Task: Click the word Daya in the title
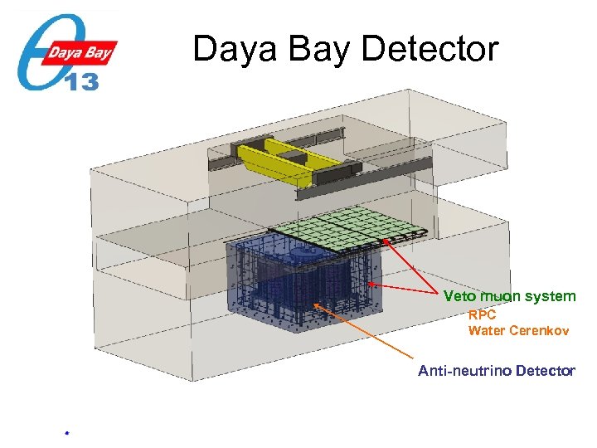233,50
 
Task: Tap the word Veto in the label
459,296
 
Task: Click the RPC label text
482,315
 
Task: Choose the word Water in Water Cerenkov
487,331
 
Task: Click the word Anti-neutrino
464,371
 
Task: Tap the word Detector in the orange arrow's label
544,371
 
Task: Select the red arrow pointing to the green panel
410,265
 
